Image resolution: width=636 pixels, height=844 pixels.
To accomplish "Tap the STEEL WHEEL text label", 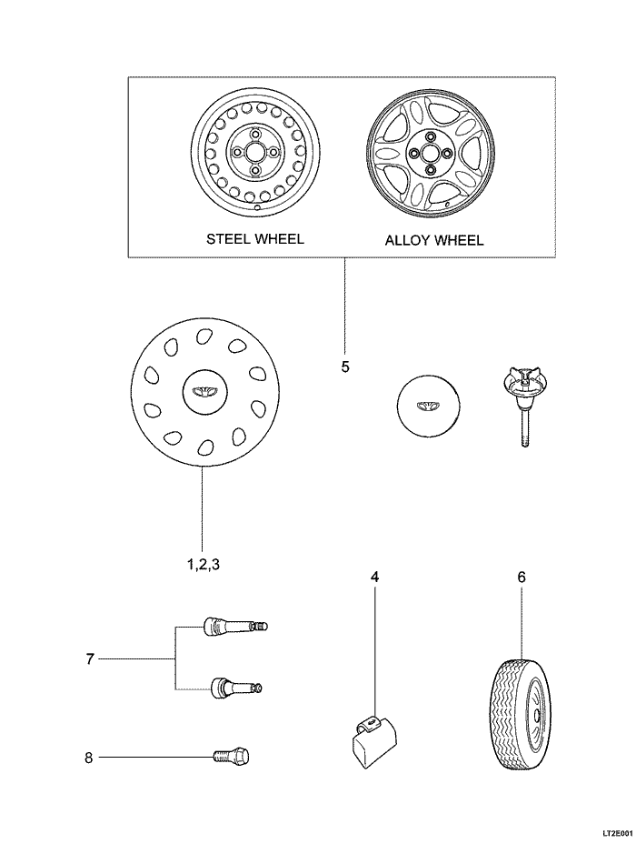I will (x=255, y=239).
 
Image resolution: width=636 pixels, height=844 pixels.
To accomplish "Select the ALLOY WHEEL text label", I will (x=434, y=241).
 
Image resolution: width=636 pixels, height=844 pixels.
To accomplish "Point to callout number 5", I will (x=345, y=367).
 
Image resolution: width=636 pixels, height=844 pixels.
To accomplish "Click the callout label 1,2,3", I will (x=204, y=564).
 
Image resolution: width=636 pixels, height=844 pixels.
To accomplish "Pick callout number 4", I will (x=374, y=577).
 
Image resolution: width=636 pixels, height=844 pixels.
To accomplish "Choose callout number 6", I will (x=522, y=577).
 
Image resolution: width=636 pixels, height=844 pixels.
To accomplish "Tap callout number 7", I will (x=90, y=659).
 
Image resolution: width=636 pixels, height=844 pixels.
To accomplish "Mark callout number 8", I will (x=89, y=757).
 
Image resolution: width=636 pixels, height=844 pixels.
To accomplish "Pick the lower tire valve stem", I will (x=232, y=688).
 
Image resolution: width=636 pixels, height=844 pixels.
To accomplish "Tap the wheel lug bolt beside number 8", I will (x=234, y=756).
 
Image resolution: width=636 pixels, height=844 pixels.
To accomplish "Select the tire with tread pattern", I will (x=523, y=716).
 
